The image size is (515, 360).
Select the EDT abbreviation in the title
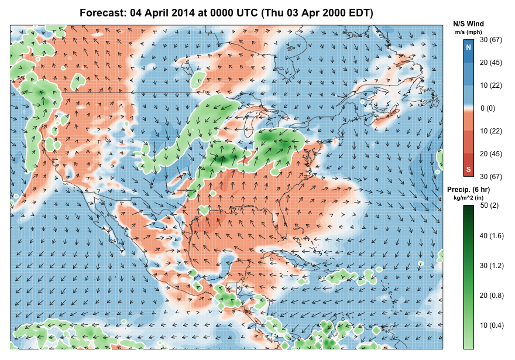tap(359, 13)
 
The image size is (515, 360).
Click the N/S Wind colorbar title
tap(468, 23)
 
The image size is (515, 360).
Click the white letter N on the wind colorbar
tap(468, 47)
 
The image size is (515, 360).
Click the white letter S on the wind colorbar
tap(468, 170)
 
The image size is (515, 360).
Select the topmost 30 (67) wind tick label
tap(492, 40)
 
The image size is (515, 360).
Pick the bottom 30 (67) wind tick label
tap(492, 176)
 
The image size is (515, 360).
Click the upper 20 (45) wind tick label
tap(492, 63)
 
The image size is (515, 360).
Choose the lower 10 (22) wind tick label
tap(492, 131)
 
